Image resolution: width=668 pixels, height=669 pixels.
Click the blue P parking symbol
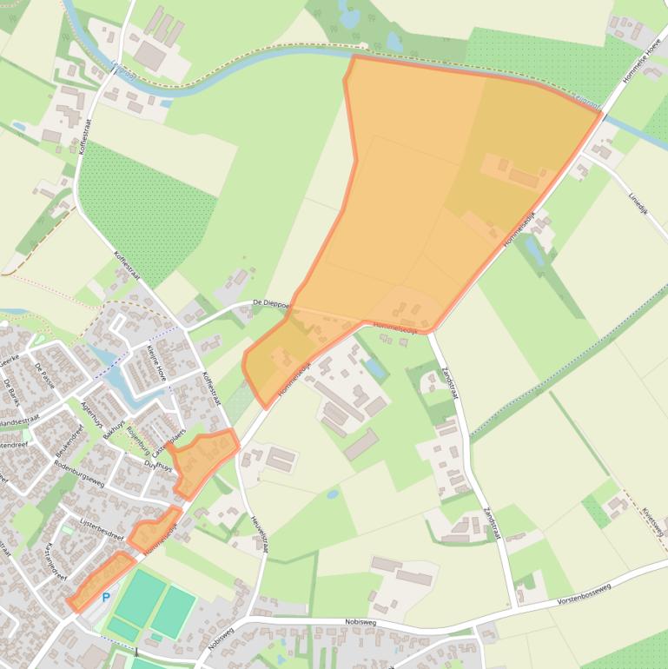(x=106, y=597)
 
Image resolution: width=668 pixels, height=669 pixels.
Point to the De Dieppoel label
(x=270, y=304)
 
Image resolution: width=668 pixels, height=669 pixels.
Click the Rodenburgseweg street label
(x=79, y=480)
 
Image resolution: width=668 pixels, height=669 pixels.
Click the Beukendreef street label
(x=69, y=442)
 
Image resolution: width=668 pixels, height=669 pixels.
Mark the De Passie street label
(x=44, y=373)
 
